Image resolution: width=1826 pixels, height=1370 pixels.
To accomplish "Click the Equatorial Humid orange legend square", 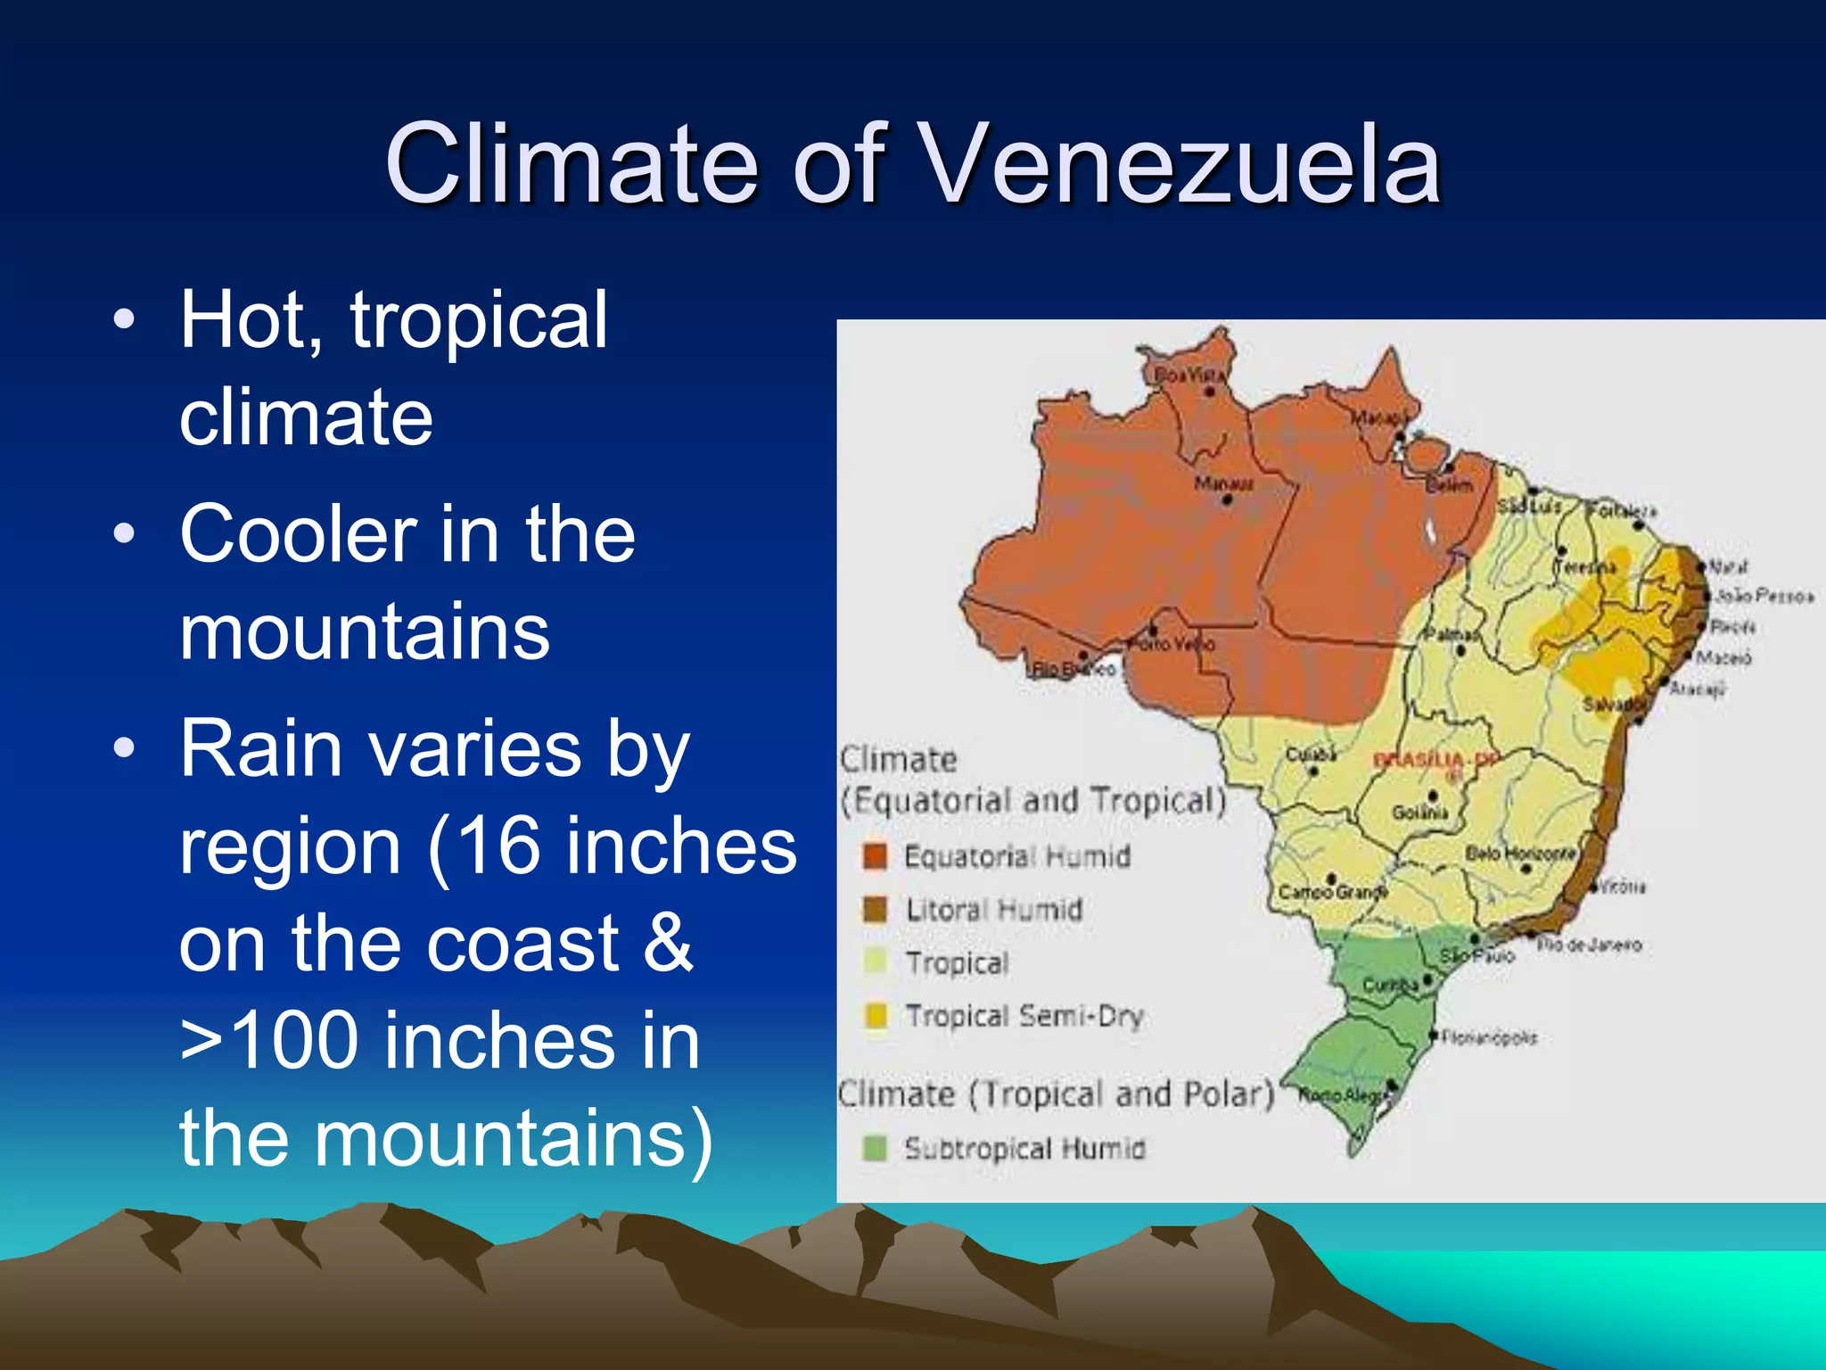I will coord(875,856).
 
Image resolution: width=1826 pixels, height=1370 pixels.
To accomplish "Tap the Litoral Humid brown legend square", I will coord(875,910).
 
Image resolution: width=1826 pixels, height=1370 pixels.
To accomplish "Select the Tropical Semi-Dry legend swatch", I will coord(876,1016).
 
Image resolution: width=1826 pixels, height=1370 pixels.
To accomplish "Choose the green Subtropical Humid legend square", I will coord(876,1148).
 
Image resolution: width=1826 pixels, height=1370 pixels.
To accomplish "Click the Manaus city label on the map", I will coord(1223,483).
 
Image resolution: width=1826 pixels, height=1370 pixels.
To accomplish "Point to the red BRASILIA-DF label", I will coord(1435,761).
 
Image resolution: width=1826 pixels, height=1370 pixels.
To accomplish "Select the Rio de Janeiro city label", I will coord(1589,945).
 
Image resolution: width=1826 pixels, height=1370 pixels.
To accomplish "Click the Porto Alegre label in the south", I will coord(1346,1095).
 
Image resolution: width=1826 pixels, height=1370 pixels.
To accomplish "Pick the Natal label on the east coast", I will coord(1728,565).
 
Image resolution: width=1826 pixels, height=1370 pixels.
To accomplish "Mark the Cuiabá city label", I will coord(1310,755).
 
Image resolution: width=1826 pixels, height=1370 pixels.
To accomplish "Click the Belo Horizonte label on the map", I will coord(1520,854).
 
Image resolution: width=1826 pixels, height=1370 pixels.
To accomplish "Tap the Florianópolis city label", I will coord(1489,1037).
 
